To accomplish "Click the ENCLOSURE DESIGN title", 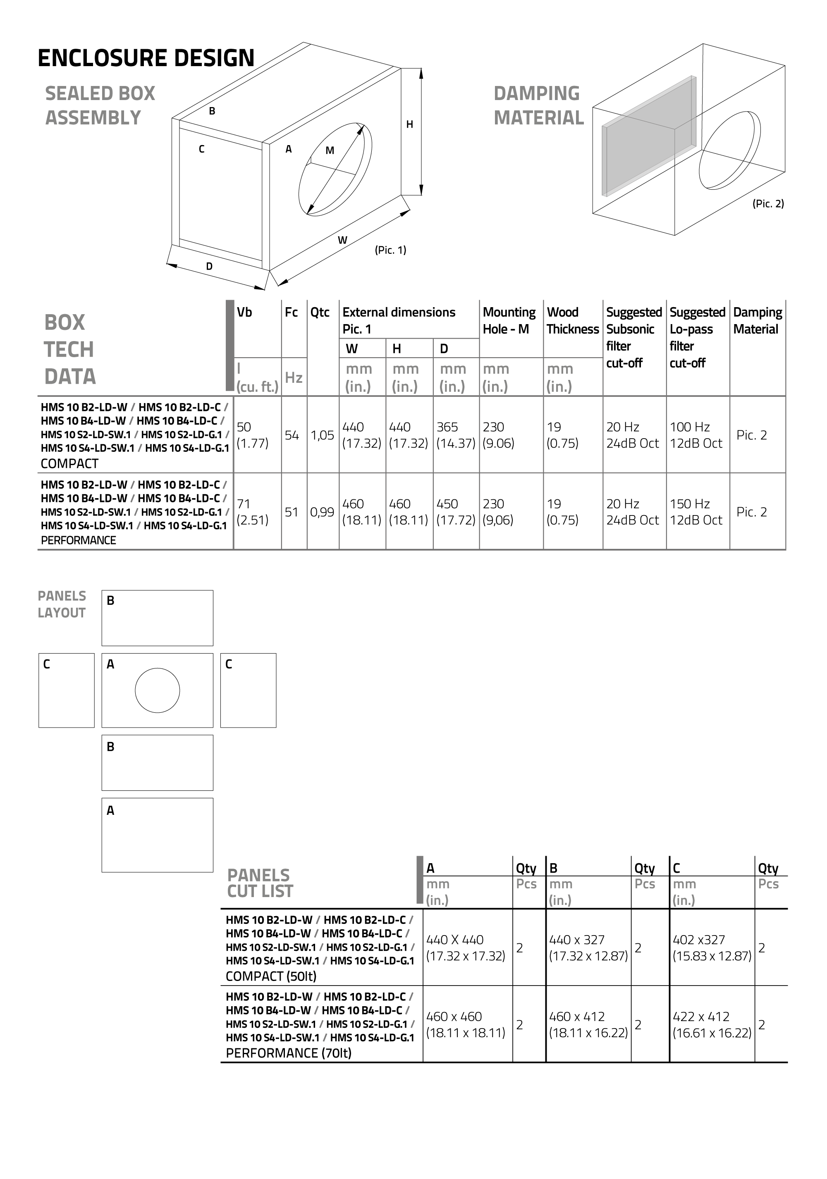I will (146, 58).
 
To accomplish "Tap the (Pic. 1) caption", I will (390, 250).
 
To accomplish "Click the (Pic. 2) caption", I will (768, 204).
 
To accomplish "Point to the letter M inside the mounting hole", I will (330, 150).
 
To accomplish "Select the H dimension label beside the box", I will (409, 124).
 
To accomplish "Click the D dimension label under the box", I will (209, 267).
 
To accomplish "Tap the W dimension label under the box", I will (342, 240).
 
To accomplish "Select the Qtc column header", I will (320, 312).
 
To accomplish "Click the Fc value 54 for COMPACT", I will (292, 435).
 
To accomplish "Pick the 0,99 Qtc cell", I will (322, 512).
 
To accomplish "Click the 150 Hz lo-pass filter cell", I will (696, 512).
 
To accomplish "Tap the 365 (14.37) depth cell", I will (456, 435).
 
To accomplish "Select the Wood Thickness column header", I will (572, 320).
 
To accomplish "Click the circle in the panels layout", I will (157, 690).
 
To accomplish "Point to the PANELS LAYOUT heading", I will (62, 604).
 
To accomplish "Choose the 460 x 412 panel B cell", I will (588, 1024).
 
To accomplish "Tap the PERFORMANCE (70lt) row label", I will (289, 1053).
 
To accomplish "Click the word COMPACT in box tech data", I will (69, 464).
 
